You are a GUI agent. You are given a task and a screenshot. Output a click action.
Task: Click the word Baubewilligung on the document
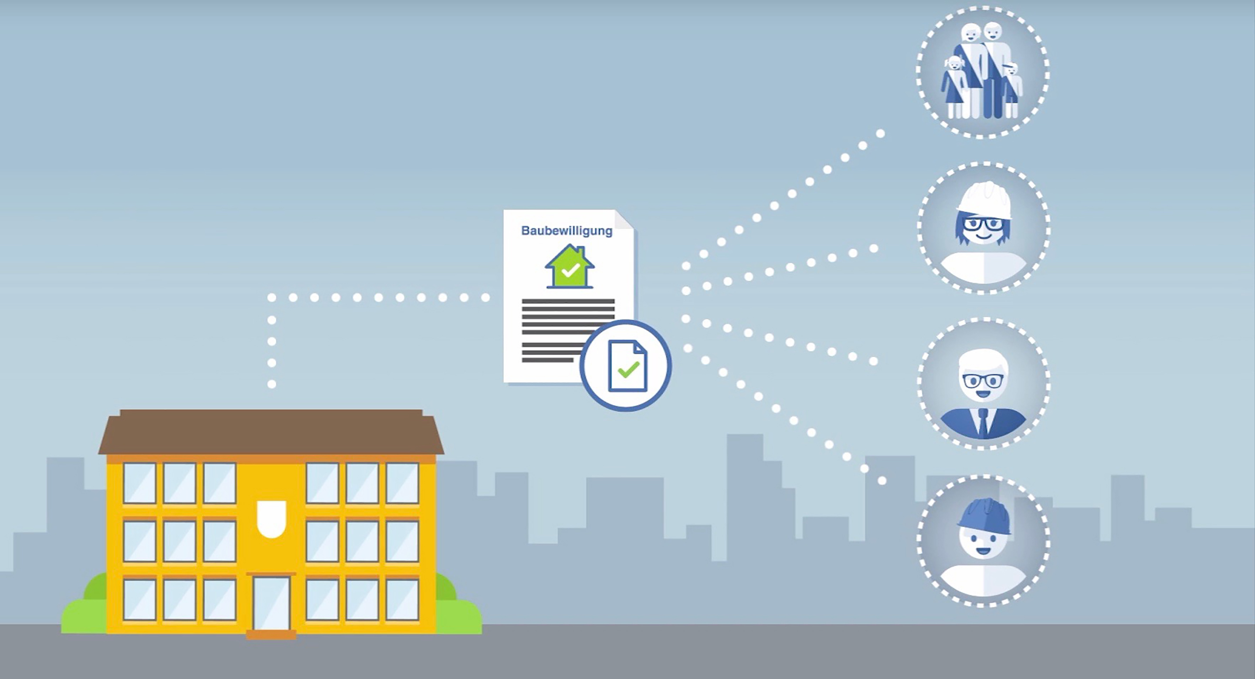click(566, 231)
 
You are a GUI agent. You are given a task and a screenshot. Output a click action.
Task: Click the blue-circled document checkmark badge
click(626, 365)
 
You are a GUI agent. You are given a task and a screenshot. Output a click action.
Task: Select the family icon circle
click(983, 72)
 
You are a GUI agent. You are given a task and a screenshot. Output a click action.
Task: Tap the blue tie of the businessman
click(983, 422)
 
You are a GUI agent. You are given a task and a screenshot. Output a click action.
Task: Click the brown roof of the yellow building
click(271, 432)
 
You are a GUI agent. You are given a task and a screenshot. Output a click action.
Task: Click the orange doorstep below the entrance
click(271, 635)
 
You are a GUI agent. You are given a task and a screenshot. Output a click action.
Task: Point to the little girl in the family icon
click(953, 87)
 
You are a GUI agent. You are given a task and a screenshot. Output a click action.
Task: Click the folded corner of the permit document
click(624, 219)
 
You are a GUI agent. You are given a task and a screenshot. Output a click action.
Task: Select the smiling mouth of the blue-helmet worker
click(983, 551)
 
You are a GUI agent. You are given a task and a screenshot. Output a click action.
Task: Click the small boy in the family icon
click(1011, 90)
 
